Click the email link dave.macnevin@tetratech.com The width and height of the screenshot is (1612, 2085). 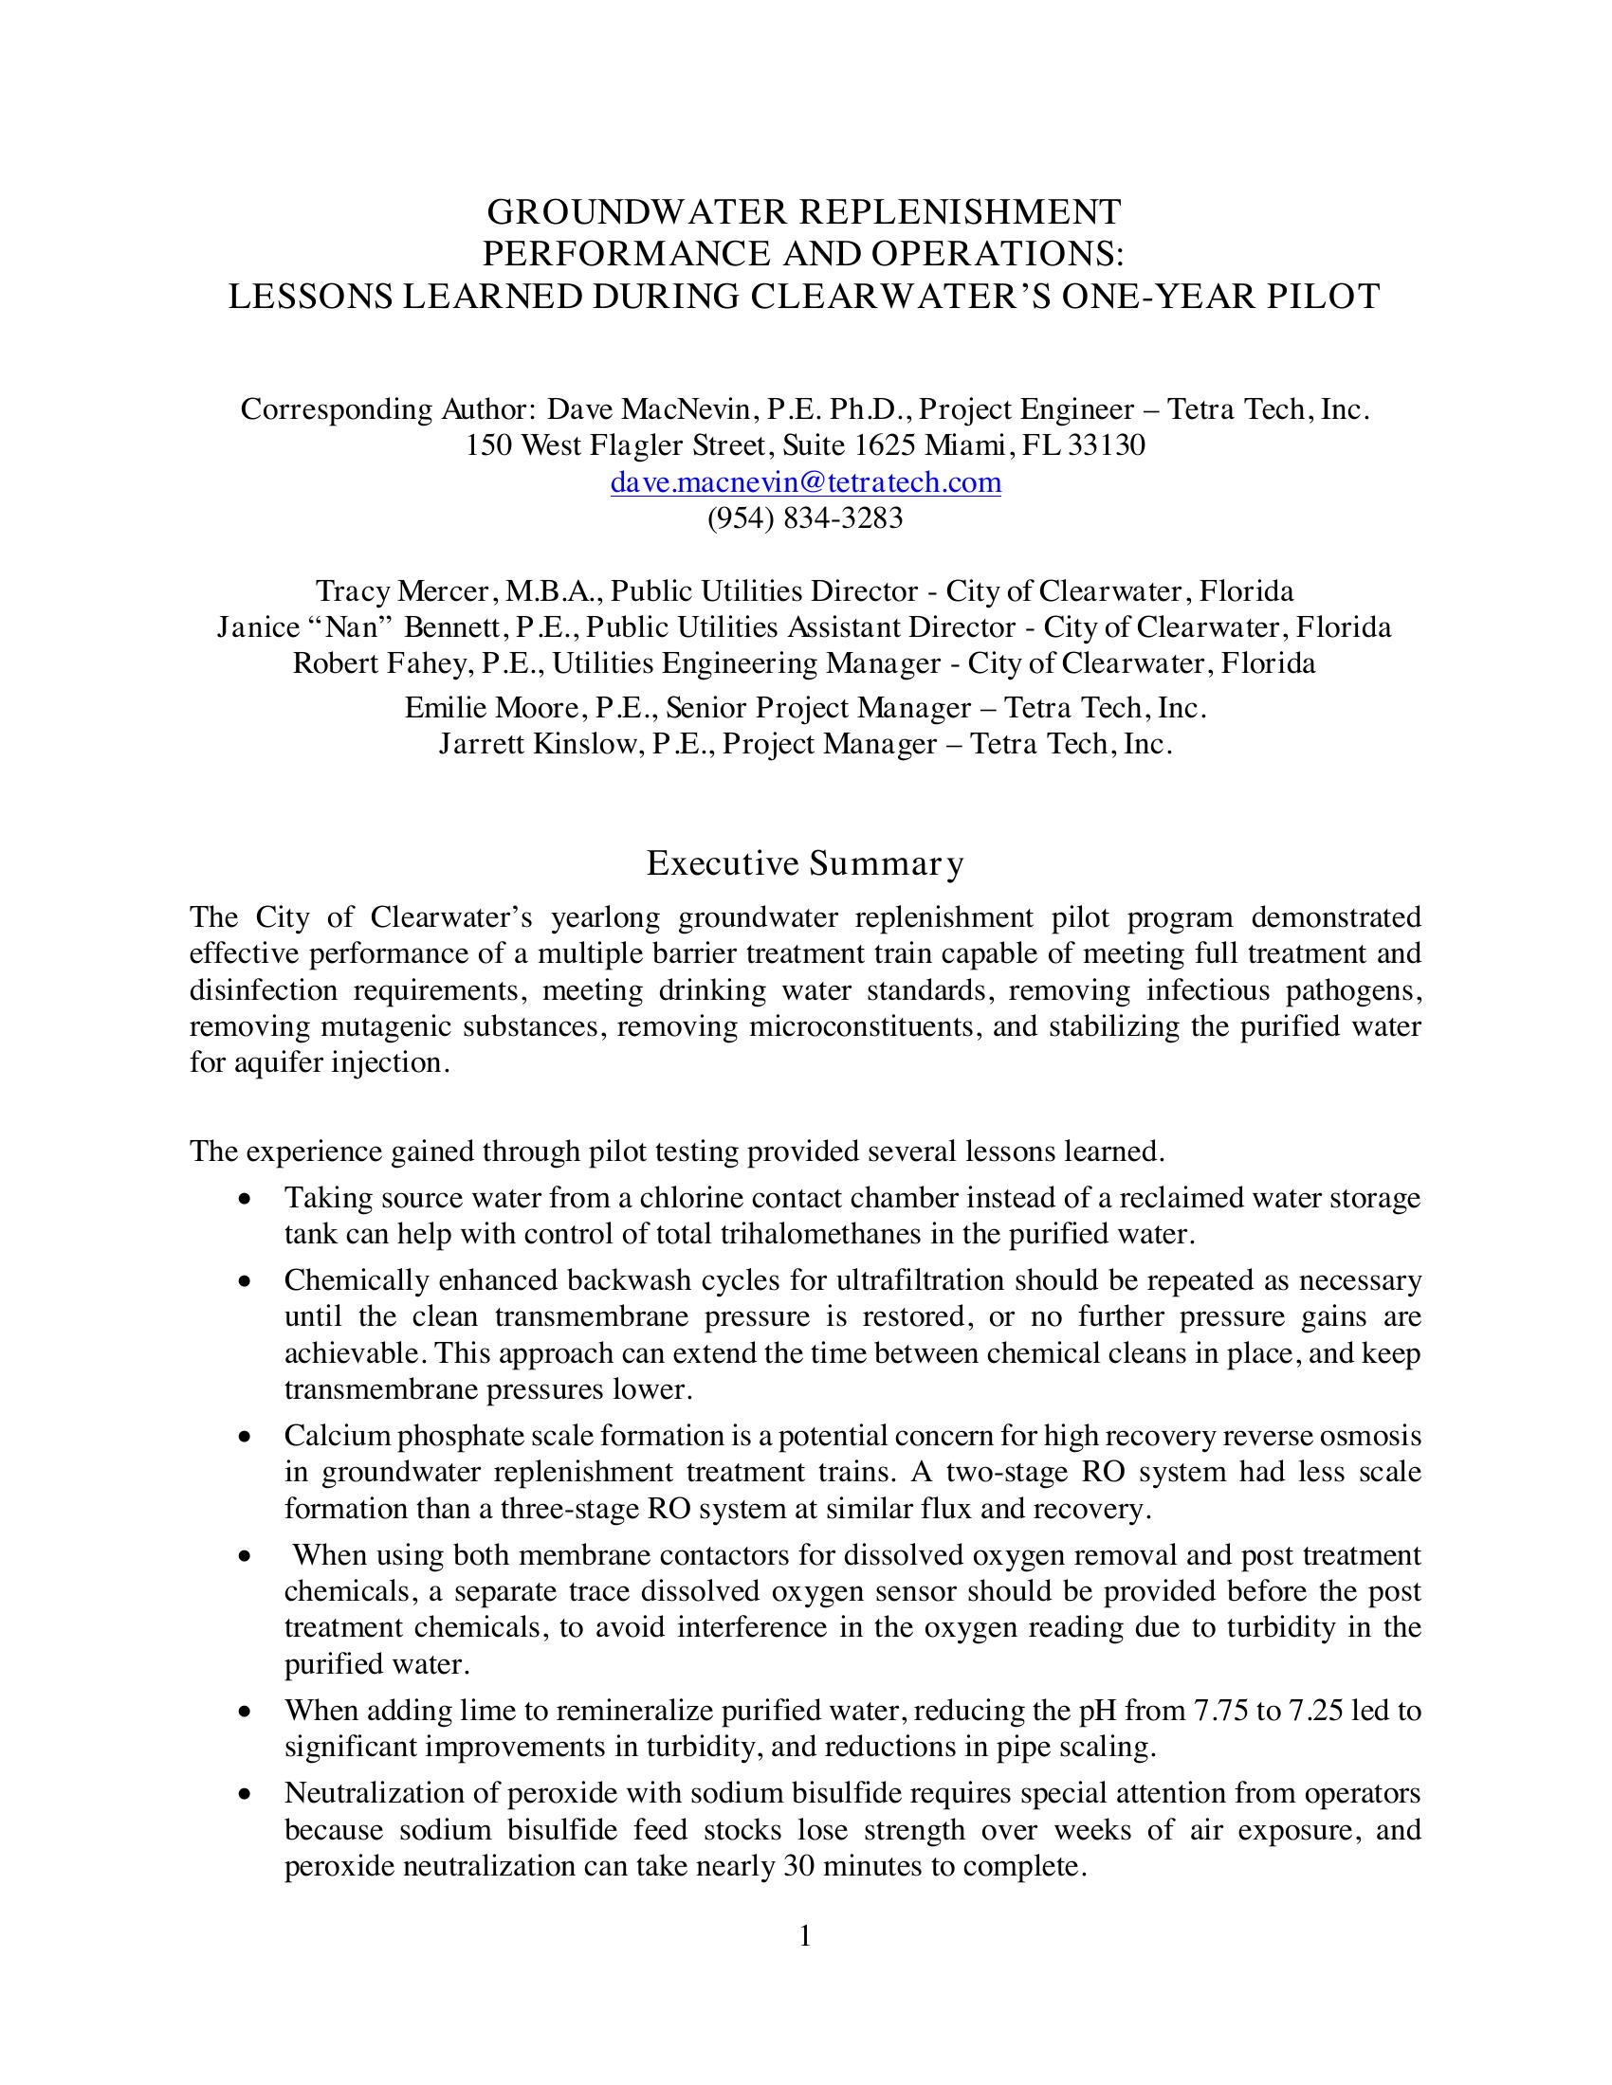click(x=805, y=482)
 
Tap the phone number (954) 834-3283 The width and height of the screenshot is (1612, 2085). click(x=805, y=518)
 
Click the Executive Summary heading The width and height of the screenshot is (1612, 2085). click(x=805, y=863)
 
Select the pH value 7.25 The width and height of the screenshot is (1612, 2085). click(x=1317, y=1710)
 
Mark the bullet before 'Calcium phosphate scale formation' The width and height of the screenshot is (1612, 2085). click(x=247, y=1437)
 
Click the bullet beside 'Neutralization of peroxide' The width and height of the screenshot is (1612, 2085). click(x=247, y=1795)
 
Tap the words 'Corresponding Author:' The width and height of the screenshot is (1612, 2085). click(x=387, y=409)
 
